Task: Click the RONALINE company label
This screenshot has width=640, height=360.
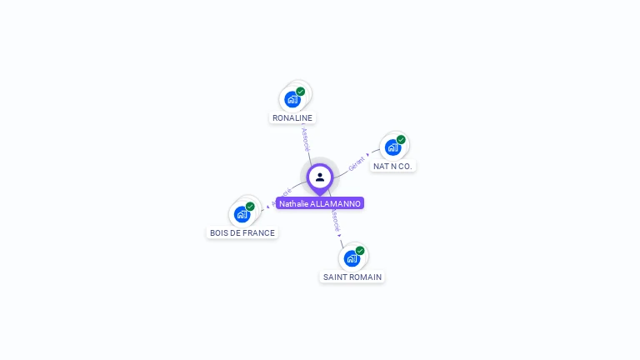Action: coord(292,118)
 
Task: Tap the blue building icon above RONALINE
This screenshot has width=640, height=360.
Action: coord(292,100)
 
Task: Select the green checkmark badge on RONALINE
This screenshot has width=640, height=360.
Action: coord(301,92)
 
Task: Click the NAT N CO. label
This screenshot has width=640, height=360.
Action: coord(392,166)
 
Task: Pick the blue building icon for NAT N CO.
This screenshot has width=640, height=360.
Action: coord(392,147)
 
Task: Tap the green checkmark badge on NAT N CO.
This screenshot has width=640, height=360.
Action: coord(401,140)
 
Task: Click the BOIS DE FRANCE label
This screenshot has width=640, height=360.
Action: coord(242,233)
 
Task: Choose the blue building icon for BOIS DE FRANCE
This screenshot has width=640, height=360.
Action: coord(242,214)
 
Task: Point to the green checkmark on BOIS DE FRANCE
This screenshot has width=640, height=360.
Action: coord(250,207)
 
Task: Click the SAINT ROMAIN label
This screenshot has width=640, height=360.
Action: coord(352,277)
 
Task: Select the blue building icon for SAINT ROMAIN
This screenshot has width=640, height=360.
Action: coord(352,258)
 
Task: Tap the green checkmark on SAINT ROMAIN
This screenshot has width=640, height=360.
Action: coord(360,251)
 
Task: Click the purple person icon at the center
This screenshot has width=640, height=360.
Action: coord(320,177)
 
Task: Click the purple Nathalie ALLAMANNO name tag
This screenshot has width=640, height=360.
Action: coord(320,203)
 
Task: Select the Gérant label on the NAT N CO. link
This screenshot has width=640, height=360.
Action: coord(357,162)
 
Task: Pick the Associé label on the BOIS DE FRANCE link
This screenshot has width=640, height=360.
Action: coord(281,197)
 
